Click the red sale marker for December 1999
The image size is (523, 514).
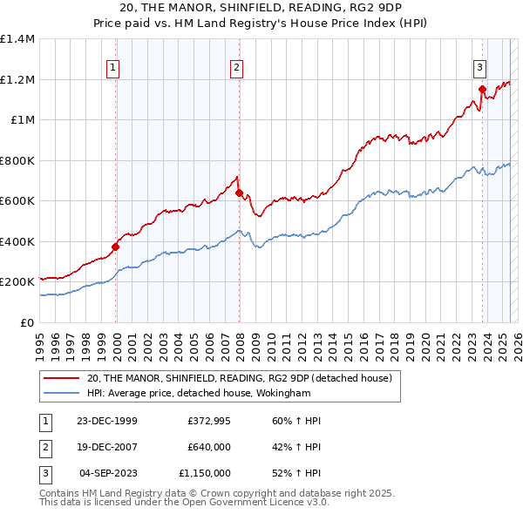pyautogui.click(x=115, y=247)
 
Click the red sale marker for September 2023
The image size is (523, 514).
pyautogui.click(x=482, y=88)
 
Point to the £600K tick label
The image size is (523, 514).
pyautogui.click(x=17, y=201)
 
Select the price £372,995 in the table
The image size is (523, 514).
pyautogui.click(x=208, y=421)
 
